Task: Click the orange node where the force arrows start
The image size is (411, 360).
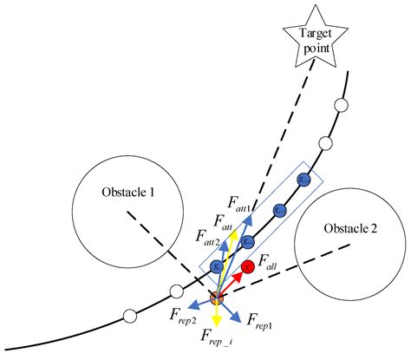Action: (x=216, y=298)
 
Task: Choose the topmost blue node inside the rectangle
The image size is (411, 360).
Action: (x=303, y=180)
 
